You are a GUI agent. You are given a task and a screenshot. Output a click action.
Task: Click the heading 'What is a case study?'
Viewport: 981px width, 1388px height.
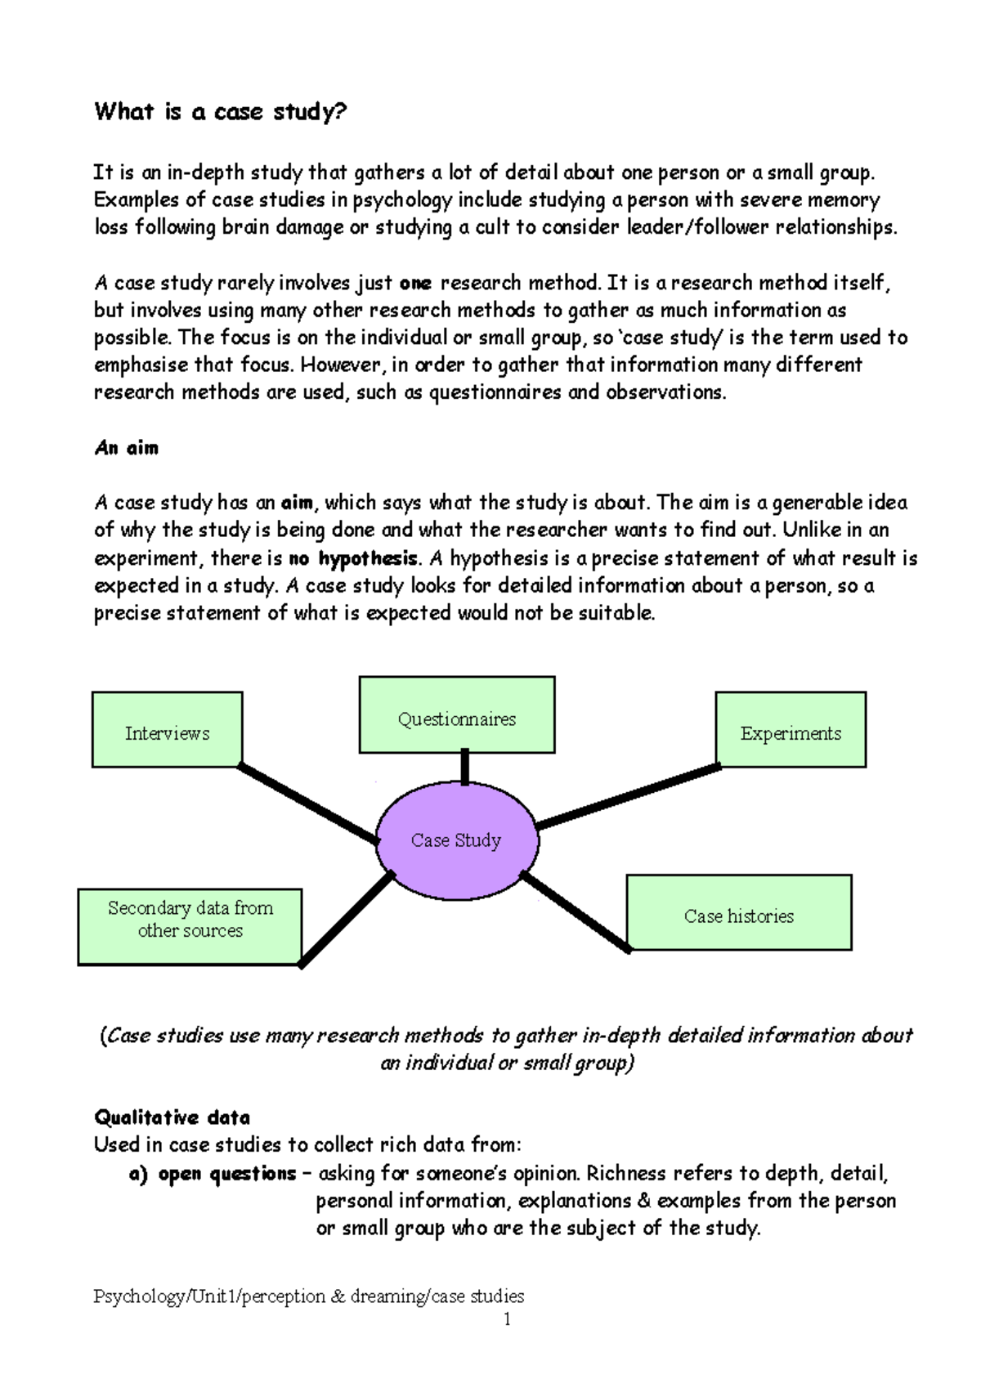coord(221,111)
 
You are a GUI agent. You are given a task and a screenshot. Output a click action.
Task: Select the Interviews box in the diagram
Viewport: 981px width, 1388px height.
coord(167,730)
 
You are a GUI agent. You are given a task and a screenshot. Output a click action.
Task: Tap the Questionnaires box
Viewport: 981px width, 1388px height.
coord(456,715)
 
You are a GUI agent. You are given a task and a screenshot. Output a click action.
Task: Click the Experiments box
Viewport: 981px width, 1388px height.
coord(791,730)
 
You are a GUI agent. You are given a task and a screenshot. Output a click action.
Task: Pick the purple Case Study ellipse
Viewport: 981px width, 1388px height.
coord(456,840)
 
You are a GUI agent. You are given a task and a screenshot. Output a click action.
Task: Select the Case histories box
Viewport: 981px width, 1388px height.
coord(739,913)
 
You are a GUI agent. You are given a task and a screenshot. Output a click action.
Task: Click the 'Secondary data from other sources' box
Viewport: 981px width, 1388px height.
coord(190,927)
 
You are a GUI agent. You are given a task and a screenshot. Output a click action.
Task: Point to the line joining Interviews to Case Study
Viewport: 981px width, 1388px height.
coord(309,804)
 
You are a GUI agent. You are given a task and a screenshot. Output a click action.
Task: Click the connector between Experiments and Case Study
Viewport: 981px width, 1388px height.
coord(628,796)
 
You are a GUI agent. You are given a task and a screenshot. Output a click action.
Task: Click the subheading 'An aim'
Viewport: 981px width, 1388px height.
coord(127,448)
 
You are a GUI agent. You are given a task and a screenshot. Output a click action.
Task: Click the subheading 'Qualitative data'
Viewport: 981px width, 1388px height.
coord(172,1117)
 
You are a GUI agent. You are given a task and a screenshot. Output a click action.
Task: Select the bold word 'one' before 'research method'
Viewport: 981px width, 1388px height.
coord(415,284)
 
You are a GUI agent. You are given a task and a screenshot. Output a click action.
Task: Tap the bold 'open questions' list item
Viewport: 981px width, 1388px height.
coord(226,1174)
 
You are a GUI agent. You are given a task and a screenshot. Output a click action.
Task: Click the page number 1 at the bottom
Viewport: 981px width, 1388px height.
coord(508,1319)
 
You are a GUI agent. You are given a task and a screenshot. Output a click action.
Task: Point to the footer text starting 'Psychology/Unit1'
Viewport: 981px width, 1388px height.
coord(309,1296)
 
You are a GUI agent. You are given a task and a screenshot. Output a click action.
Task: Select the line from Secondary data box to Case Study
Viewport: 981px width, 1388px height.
coord(347,919)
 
